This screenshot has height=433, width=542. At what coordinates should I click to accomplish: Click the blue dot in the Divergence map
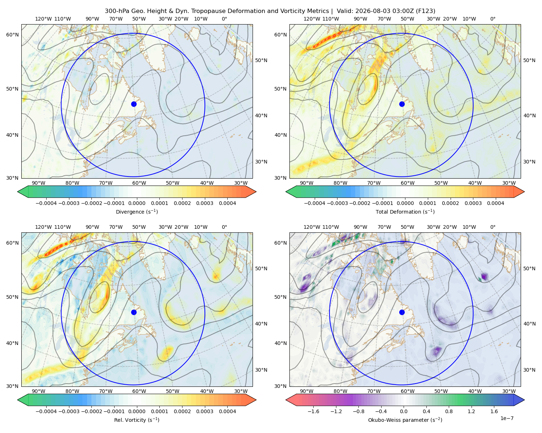134,104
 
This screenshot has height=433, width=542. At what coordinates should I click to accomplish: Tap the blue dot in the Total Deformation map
402,104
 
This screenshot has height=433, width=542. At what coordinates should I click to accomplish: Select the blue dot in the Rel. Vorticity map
134,312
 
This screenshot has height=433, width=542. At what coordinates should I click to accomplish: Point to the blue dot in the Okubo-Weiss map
402,312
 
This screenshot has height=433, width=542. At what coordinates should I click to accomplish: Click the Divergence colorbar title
137,211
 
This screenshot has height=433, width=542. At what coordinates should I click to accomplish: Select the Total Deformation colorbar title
405,211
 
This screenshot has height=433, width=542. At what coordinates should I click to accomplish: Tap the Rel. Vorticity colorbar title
137,420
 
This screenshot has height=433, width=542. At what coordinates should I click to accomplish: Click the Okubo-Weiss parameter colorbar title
405,420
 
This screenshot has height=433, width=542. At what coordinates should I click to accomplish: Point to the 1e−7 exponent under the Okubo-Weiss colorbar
507,418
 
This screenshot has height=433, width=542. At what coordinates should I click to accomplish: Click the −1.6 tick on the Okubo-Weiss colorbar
313,411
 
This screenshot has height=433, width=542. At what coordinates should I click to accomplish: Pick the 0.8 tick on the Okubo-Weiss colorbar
449,411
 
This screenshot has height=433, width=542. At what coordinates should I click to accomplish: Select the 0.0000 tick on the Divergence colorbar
137,203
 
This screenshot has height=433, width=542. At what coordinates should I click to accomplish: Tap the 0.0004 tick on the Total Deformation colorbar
495,203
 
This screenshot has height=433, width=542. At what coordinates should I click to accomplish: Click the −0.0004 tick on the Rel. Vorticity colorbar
46,411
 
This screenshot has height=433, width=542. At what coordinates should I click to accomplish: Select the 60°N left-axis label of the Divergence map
12,35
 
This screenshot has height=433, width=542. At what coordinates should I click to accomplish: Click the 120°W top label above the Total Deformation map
312,19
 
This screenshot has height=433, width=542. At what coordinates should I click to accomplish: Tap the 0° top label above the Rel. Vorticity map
224,227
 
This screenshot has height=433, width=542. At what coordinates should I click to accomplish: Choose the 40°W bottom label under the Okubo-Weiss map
475,391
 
